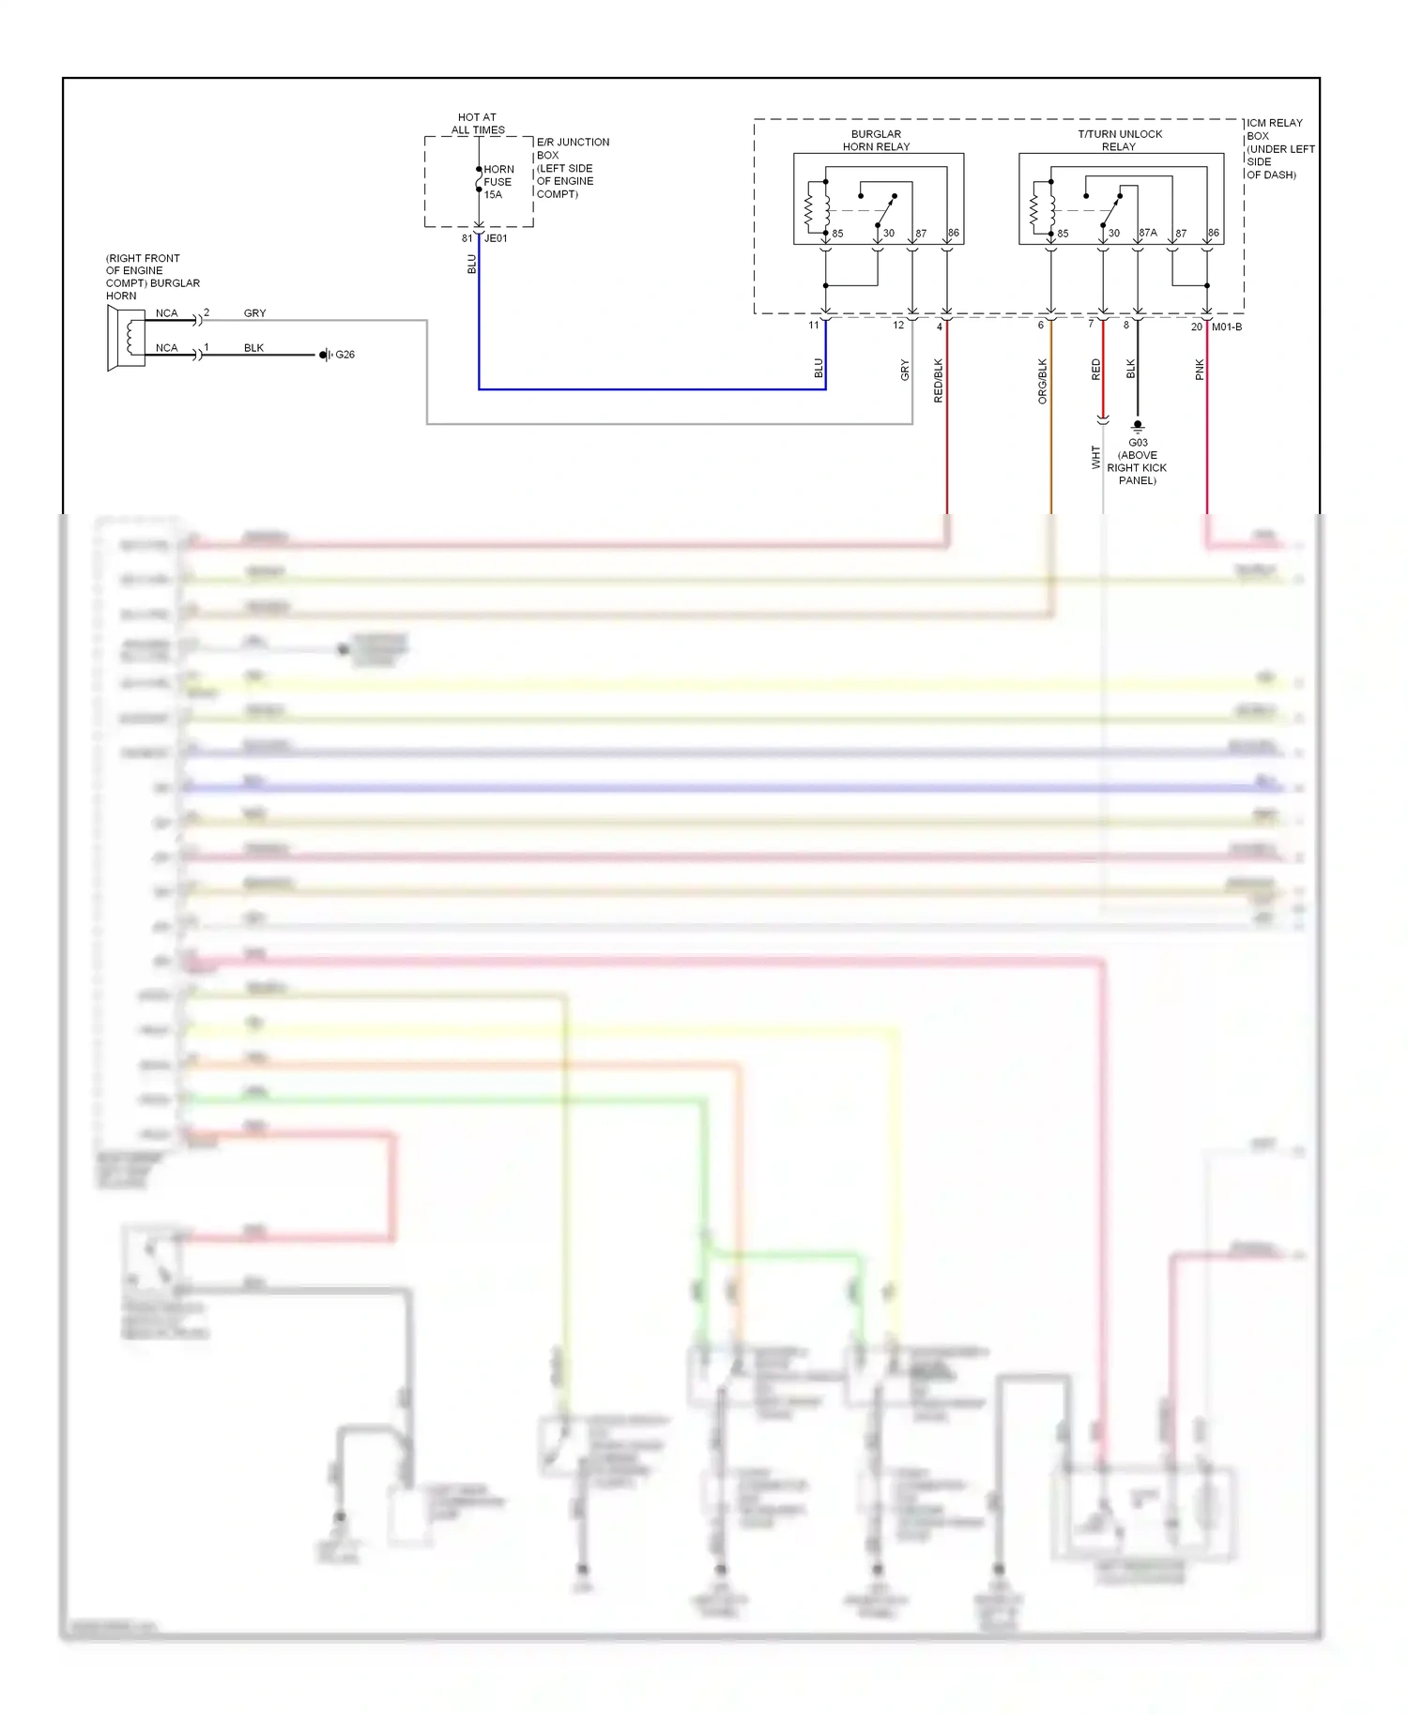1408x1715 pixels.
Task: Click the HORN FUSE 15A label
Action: tap(497, 182)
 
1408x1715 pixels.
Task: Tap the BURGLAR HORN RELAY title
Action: tap(876, 141)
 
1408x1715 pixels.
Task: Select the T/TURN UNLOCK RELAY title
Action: tap(1119, 141)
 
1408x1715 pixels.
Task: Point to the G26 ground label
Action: tap(344, 355)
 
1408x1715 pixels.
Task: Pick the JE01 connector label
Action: tap(496, 238)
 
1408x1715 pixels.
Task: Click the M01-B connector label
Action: tap(1226, 326)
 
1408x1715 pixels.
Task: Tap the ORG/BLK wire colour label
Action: tap(1042, 381)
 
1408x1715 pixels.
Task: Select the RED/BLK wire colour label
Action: tap(938, 381)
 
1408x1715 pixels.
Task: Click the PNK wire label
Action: tap(1199, 370)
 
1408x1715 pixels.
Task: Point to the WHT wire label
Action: tap(1095, 457)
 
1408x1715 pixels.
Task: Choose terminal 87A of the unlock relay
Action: tap(1148, 233)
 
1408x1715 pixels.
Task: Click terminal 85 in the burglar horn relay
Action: tap(837, 234)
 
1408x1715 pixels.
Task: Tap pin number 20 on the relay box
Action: tap(1196, 326)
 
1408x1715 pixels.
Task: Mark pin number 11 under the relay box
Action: tap(814, 325)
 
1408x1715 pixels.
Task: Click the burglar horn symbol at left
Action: tap(126, 338)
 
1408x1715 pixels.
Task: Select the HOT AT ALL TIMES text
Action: tap(478, 124)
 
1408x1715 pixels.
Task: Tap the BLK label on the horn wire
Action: tap(253, 348)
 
